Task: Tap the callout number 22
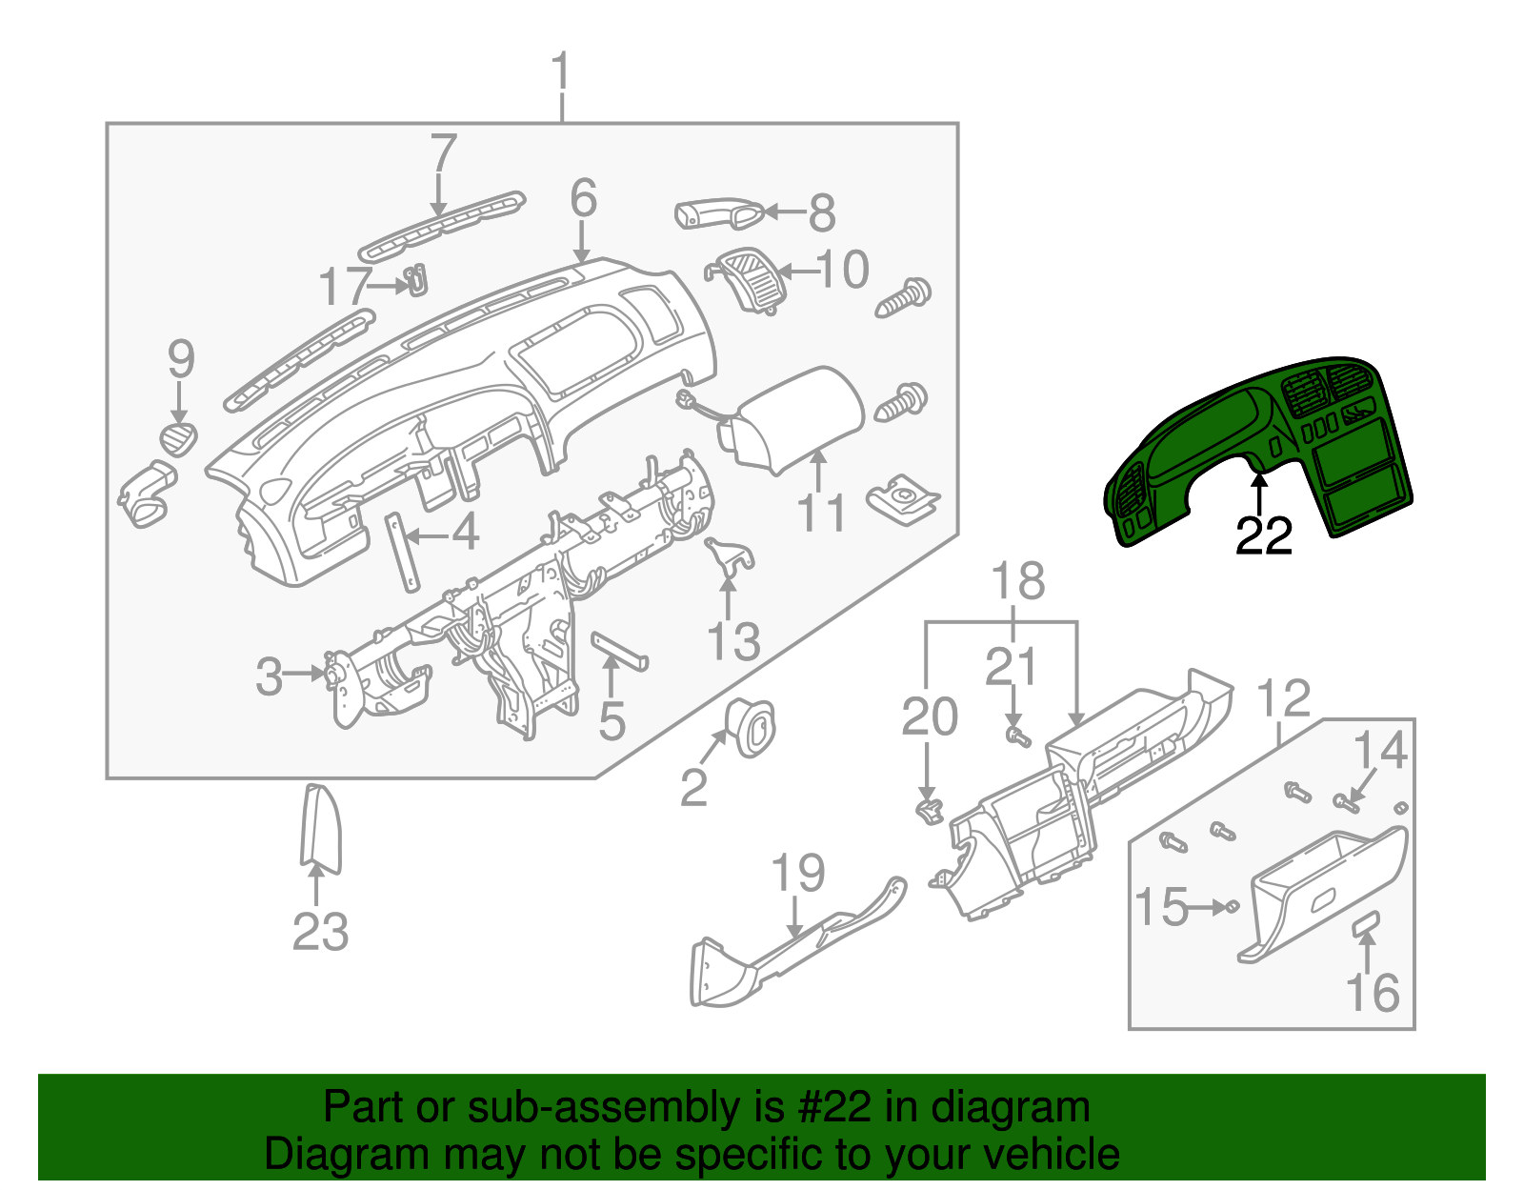click(x=1263, y=536)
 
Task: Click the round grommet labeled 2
click(x=752, y=728)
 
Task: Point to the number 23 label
click(x=320, y=931)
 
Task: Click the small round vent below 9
click(x=178, y=438)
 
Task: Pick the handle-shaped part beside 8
click(x=716, y=214)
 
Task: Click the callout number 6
click(x=583, y=198)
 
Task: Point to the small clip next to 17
click(x=416, y=280)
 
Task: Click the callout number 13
click(x=732, y=641)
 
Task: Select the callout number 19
click(x=797, y=873)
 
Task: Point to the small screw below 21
click(x=1018, y=736)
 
